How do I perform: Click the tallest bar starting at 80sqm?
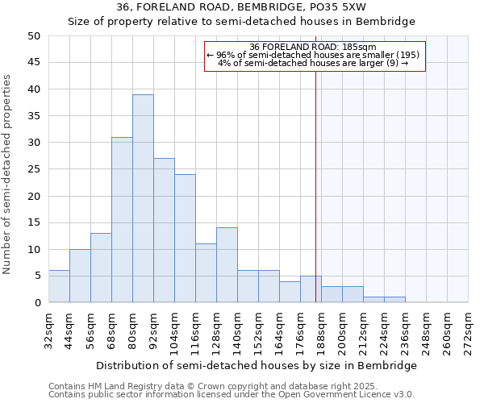143,198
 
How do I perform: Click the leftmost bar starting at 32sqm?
59,286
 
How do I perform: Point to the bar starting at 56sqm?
101,268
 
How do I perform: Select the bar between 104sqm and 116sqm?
185,238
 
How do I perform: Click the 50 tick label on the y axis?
33,36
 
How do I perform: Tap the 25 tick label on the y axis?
33,169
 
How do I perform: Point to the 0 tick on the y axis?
36,302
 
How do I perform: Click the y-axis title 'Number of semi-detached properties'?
8,174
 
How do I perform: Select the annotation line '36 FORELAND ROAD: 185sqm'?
313,47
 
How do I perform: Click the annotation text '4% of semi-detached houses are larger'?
313,63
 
